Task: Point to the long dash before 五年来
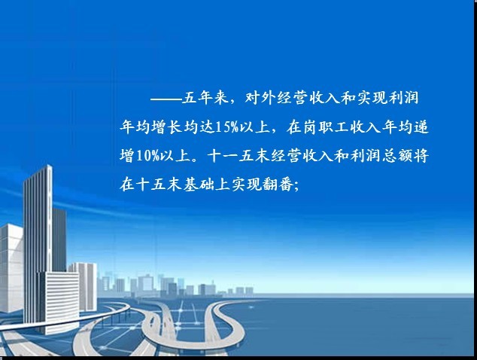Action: pyautogui.click(x=166, y=99)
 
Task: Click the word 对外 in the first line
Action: pyautogui.click(x=260, y=98)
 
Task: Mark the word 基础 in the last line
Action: pyautogui.click(x=199, y=185)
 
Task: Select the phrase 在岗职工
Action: pyautogui.click(x=317, y=127)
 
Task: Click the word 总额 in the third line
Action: pyautogui.click(x=397, y=156)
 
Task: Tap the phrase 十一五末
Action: pyautogui.click(x=239, y=156)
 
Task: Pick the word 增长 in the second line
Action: pyautogui.click(x=167, y=127)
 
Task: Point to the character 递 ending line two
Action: pyautogui.click(x=421, y=127)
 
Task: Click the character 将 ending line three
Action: pyautogui.click(x=421, y=156)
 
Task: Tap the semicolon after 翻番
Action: pyautogui.click(x=296, y=186)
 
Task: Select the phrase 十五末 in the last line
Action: pyautogui.click(x=159, y=185)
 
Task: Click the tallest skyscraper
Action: pyautogui.click(x=38, y=244)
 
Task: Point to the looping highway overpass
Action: pyautogui.click(x=195, y=326)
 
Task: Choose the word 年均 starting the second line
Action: pyautogui.click(x=135, y=127)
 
